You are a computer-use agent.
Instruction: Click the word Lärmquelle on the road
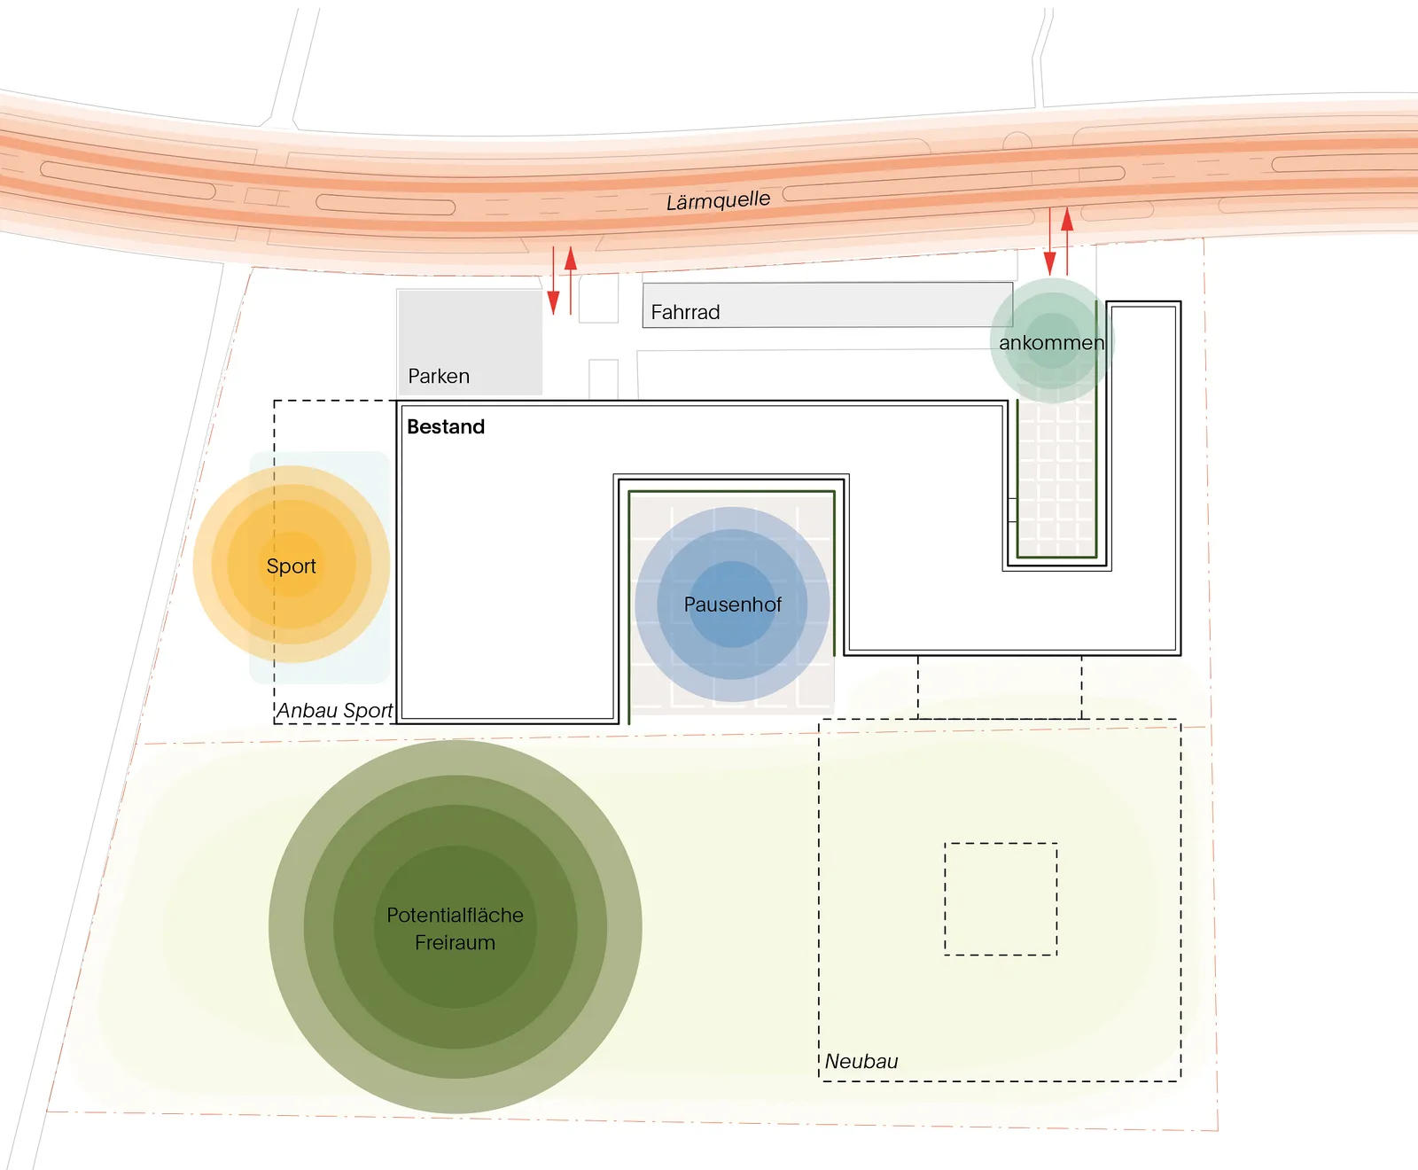(718, 200)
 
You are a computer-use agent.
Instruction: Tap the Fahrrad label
(685, 312)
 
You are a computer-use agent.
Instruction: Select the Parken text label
(439, 376)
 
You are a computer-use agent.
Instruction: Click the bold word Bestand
(446, 426)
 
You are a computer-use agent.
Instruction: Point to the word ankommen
(1051, 343)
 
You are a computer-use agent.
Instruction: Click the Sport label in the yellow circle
(291, 566)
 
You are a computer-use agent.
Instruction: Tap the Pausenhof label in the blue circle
(732, 604)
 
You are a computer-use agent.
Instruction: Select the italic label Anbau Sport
(334, 711)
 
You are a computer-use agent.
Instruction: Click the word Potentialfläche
(455, 915)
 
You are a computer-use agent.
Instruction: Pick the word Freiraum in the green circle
(455, 942)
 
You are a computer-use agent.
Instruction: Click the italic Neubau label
(861, 1061)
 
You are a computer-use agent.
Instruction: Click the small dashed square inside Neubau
(1001, 899)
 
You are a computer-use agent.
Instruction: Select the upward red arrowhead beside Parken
(571, 258)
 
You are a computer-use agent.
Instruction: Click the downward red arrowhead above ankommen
(1050, 262)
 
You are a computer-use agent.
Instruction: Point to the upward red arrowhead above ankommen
(1067, 219)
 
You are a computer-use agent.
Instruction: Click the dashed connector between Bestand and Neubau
(999, 687)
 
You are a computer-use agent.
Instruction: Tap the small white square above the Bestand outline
(604, 378)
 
